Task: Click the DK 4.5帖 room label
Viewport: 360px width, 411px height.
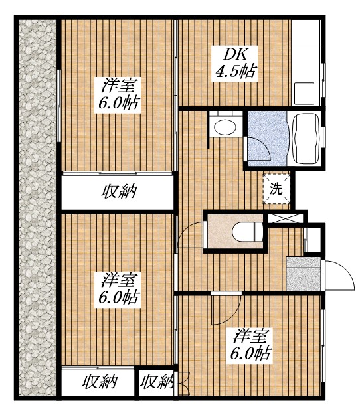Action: [x=235, y=64]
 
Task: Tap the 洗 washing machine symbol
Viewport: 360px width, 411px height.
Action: [x=276, y=189]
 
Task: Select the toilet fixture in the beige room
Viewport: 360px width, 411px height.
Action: [x=248, y=232]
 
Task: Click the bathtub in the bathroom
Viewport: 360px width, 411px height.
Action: [x=306, y=138]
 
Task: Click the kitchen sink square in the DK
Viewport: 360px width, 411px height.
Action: [x=304, y=94]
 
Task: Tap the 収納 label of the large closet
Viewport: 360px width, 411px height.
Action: [x=119, y=191]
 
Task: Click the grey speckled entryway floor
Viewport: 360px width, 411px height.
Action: [x=304, y=274]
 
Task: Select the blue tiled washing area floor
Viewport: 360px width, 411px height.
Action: [x=268, y=138]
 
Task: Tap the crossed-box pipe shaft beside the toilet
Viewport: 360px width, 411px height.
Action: [x=286, y=218]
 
